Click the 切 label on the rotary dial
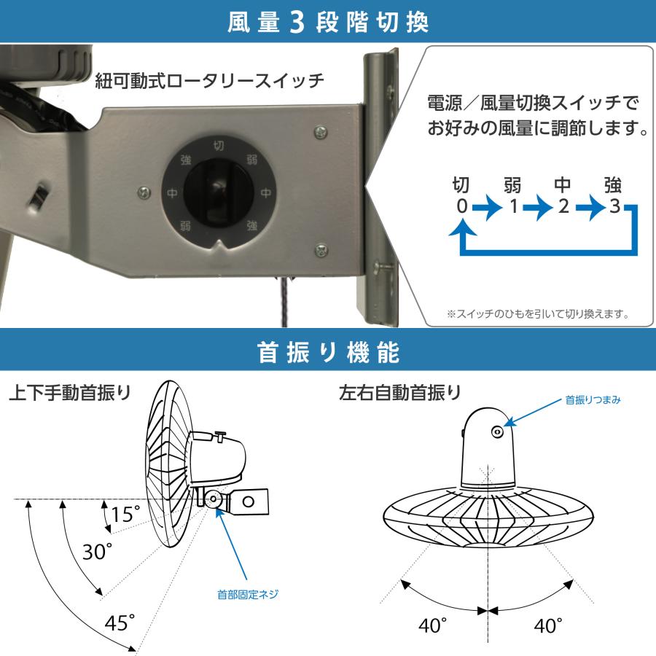coord(217,145)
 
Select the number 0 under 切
coord(461,206)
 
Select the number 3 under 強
coord(614,206)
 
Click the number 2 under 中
coord(563,206)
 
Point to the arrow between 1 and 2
coord(538,207)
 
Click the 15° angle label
coord(125,515)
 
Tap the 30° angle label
coord(97,552)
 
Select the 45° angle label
coord(120,623)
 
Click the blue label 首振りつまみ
coord(593,400)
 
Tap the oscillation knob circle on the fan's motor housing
coord(497,432)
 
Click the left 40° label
coord(434,625)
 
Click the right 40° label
coord(548,625)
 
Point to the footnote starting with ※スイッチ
coord(537,315)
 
